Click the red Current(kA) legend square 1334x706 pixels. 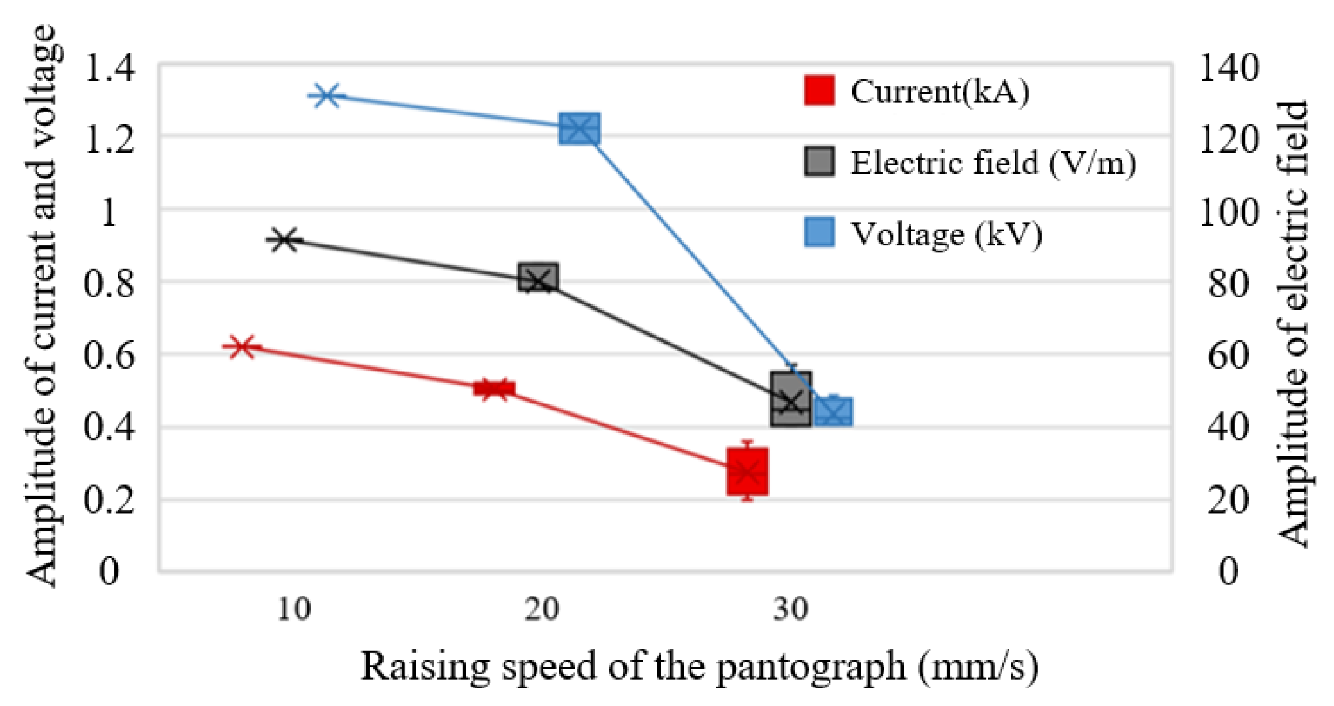coord(819,91)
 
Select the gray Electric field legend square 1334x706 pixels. coord(819,161)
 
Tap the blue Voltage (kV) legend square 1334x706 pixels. coord(819,233)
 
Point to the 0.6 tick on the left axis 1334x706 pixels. coord(109,355)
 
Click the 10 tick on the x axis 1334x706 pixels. coord(294,609)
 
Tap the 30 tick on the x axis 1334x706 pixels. coord(791,609)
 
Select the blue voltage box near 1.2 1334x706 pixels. coord(579,129)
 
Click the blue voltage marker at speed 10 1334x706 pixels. coord(326,95)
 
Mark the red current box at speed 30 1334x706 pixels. coord(747,472)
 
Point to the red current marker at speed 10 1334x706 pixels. coord(242,347)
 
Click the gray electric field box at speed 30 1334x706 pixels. coord(791,398)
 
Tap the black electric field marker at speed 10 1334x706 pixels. coord(284,240)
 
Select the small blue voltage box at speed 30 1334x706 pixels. coord(833,411)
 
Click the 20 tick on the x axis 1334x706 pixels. coord(542,609)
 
